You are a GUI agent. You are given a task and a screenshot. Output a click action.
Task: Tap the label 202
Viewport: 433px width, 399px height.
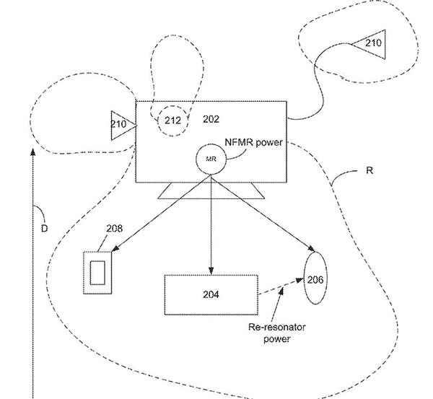click(x=211, y=119)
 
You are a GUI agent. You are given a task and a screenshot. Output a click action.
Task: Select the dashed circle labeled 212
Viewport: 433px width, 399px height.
click(x=173, y=121)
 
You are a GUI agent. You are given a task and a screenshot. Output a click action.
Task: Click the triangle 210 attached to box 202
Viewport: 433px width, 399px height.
click(x=120, y=123)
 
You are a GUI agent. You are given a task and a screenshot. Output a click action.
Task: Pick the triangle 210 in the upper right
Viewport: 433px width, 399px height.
click(x=370, y=44)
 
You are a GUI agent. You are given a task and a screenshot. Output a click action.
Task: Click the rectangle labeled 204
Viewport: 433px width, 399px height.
click(x=211, y=294)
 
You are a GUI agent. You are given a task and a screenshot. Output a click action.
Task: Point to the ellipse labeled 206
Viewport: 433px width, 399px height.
click(x=315, y=279)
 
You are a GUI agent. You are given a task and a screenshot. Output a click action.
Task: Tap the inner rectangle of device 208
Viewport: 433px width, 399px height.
click(x=97, y=271)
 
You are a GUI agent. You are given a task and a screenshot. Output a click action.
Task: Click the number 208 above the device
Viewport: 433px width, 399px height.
click(x=114, y=229)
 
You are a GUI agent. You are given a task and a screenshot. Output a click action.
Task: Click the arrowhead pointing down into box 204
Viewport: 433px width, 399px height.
click(x=211, y=270)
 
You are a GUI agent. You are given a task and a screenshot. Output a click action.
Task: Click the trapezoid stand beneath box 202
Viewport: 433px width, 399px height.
click(x=211, y=190)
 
